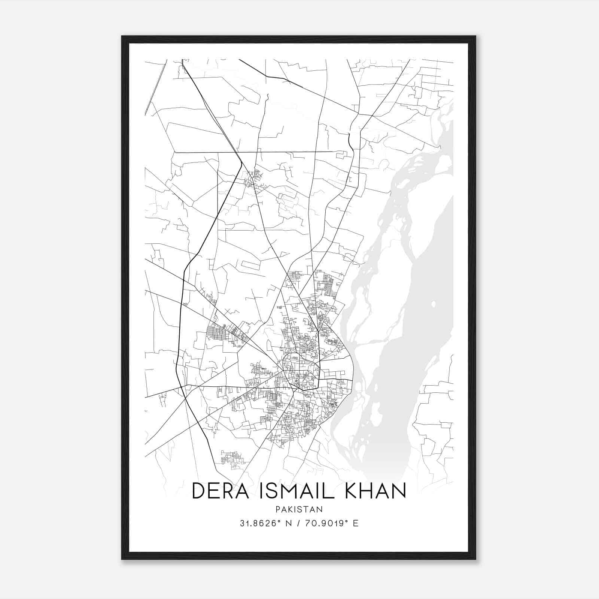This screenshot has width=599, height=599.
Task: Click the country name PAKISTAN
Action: [299, 509]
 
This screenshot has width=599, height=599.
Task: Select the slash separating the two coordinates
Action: [298, 523]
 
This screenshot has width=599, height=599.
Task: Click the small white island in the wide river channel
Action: [433, 304]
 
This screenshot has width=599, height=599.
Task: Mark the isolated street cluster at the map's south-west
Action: [231, 459]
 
